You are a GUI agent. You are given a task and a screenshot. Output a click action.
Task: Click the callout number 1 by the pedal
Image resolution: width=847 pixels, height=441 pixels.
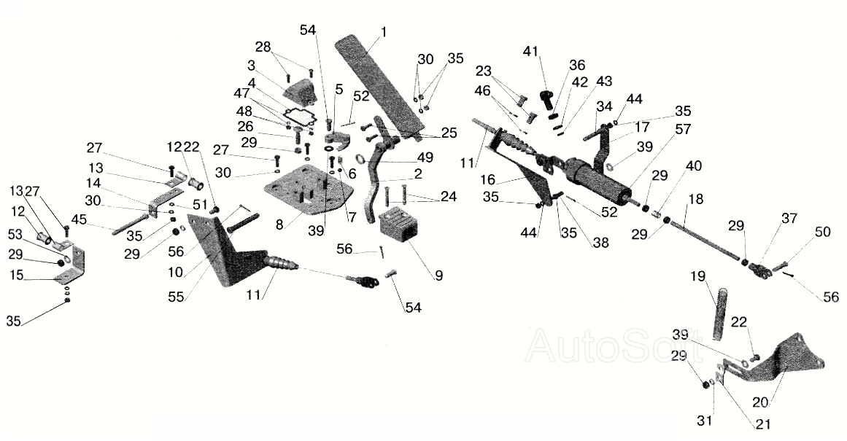384,32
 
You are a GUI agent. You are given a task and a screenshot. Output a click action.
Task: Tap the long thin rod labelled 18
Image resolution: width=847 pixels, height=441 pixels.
705,240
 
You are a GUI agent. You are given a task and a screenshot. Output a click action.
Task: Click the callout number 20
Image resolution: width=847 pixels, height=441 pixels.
762,402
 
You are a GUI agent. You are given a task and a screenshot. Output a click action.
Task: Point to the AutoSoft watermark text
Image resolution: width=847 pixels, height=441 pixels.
614,346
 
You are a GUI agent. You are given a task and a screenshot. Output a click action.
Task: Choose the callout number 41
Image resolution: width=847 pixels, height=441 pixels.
530,52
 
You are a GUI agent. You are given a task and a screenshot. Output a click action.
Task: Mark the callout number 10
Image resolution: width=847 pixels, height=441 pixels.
176,273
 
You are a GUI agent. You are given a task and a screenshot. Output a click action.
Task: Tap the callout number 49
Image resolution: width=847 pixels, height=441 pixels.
425,157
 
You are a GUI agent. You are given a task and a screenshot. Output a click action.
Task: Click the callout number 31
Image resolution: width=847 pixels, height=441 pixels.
705,420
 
